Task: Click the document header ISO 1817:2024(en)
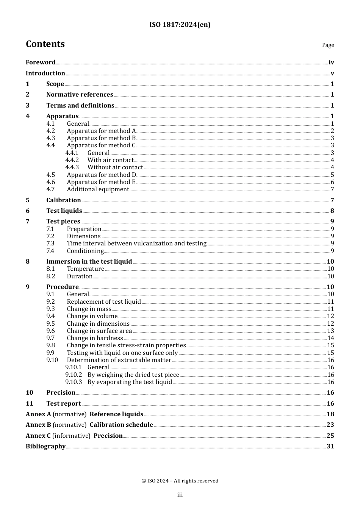point(180,25)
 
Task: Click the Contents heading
point(45,44)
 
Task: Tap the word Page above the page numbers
point(328,45)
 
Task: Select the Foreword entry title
point(41,62)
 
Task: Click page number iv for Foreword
point(331,62)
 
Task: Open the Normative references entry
point(80,95)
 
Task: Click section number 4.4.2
point(72,160)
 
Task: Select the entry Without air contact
point(115,167)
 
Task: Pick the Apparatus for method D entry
point(101,175)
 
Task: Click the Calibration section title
point(63,200)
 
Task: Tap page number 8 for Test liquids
point(332,211)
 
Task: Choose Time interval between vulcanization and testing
point(136,244)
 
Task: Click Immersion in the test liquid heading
point(89,261)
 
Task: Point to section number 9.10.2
point(74,375)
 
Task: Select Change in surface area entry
point(99,331)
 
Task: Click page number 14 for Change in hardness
point(330,338)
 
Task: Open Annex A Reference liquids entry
point(85,414)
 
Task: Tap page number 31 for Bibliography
point(330,447)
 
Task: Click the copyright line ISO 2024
point(180,481)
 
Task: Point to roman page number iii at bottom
point(180,495)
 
